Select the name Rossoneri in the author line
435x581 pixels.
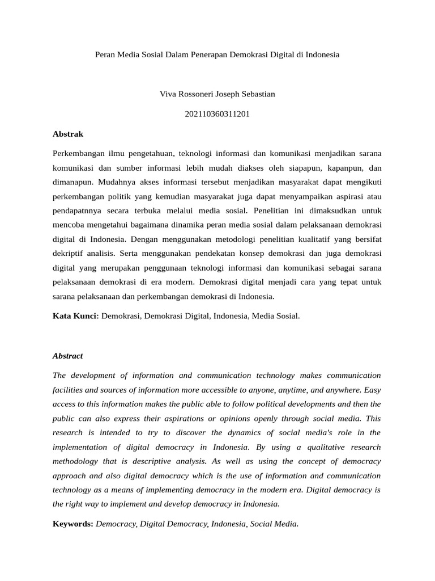coord(199,94)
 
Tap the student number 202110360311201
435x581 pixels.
coord(217,114)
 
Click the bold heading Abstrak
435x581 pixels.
coord(68,134)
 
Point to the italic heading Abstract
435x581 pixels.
coord(68,356)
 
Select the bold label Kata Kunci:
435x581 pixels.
coord(76,316)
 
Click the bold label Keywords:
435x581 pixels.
coord(73,524)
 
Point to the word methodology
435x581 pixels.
coord(76,461)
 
